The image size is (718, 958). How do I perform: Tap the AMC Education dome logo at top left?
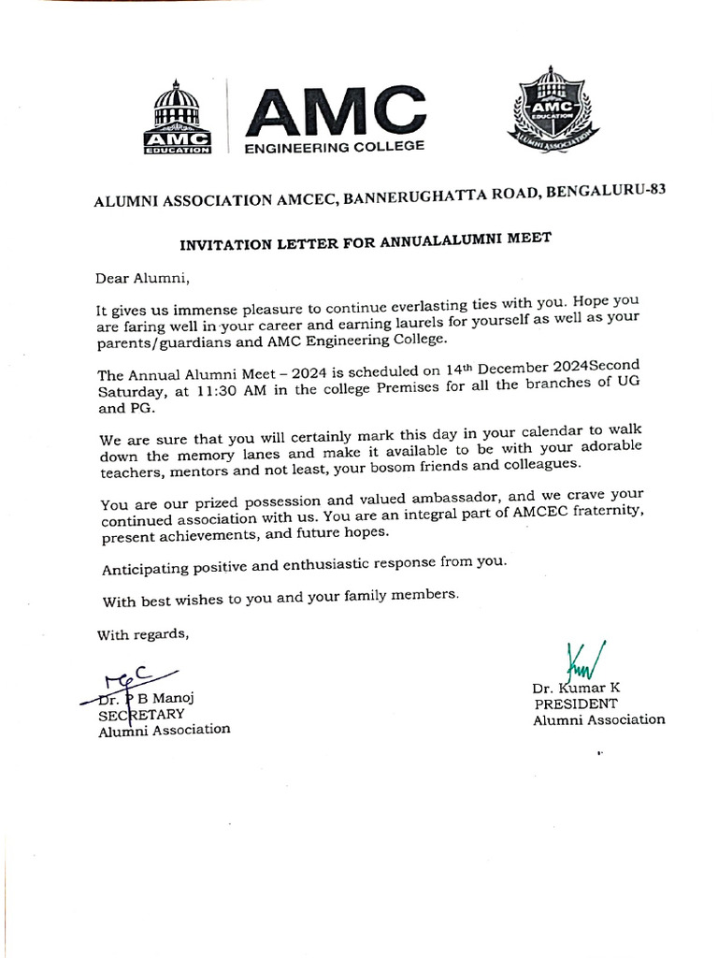point(177,117)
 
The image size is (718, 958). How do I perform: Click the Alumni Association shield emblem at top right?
point(553,110)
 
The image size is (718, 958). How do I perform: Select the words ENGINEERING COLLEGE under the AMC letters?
point(334,147)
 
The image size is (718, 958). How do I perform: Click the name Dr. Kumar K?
point(576,688)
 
